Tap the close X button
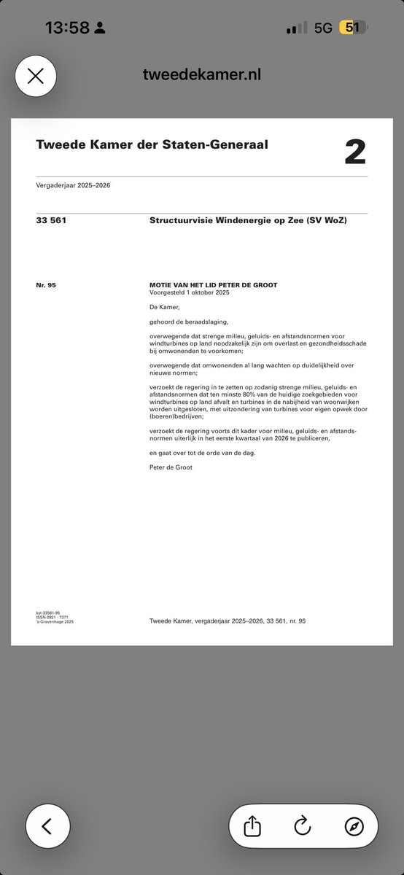35,76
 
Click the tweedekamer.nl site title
201,75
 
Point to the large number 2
355,152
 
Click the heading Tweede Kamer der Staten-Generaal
152,144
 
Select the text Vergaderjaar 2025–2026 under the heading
73,185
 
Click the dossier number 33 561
51,219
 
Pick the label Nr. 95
46,284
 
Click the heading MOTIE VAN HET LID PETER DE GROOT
213,284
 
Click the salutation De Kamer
163,306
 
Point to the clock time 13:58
67,28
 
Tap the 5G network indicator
323,28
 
